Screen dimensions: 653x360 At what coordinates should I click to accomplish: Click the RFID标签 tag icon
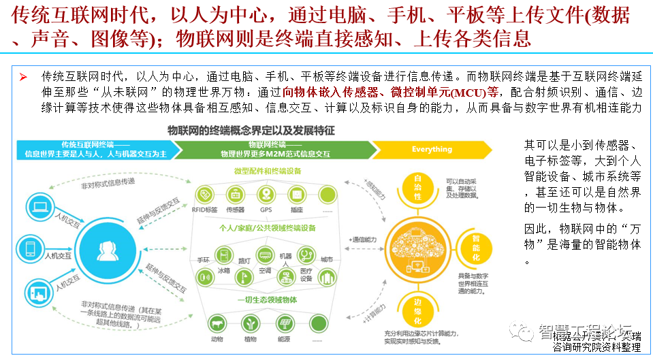(x=204, y=194)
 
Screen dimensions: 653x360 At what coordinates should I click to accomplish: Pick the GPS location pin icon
(x=266, y=194)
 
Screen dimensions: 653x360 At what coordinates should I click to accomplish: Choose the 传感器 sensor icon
(x=235, y=194)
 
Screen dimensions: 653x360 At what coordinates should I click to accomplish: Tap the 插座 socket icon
(x=296, y=194)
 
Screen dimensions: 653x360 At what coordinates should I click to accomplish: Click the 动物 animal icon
(x=218, y=323)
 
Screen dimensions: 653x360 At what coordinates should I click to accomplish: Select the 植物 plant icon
(x=250, y=323)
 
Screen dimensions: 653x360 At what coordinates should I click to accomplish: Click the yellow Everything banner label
(x=432, y=149)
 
